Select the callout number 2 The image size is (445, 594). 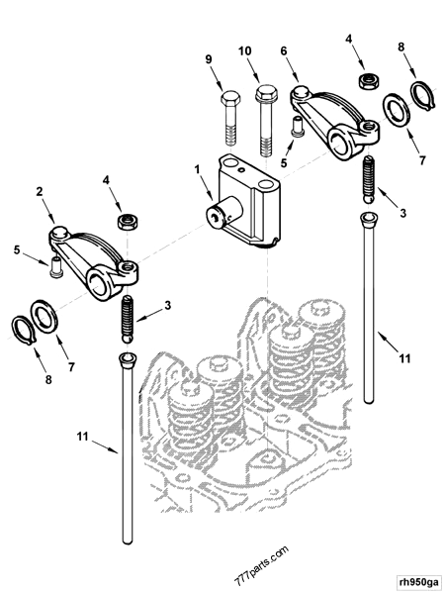tap(41, 190)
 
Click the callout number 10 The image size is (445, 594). tap(245, 49)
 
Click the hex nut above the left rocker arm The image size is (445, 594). tap(126, 218)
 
